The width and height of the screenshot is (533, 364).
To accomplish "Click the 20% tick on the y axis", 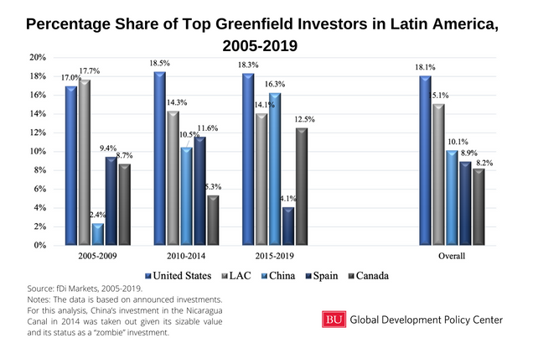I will click(x=37, y=57).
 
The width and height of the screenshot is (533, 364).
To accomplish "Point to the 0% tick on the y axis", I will click(x=39, y=246).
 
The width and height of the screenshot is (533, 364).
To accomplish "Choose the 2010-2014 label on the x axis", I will click(x=186, y=256).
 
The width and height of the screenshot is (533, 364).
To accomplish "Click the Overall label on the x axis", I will click(x=450, y=256).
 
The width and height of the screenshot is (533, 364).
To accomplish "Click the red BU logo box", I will click(x=333, y=319).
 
